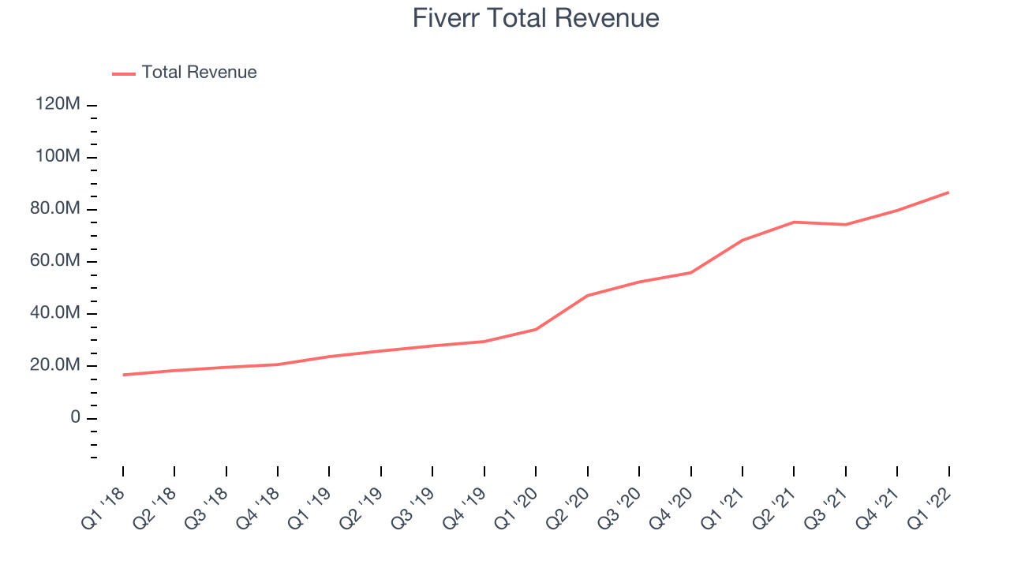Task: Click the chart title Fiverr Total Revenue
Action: [536, 18]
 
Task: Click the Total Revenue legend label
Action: [200, 72]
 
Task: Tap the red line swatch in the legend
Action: [124, 74]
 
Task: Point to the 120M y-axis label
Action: [58, 103]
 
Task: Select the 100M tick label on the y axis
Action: [58, 156]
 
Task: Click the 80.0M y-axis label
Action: [55, 208]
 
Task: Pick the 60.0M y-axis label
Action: [55, 260]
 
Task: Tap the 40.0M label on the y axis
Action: [55, 312]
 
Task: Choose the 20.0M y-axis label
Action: [55, 364]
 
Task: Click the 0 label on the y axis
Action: [75, 417]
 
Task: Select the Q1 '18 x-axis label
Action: [103, 509]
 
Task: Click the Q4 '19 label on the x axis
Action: [465, 509]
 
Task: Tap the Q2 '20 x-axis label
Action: [567, 509]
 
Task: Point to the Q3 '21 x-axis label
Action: [826, 509]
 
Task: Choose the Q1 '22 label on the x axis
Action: [930, 509]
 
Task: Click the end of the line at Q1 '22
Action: [948, 192]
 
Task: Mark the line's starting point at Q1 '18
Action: [123, 375]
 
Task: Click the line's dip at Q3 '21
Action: [845, 225]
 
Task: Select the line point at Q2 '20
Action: [588, 296]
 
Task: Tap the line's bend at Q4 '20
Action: [690, 273]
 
